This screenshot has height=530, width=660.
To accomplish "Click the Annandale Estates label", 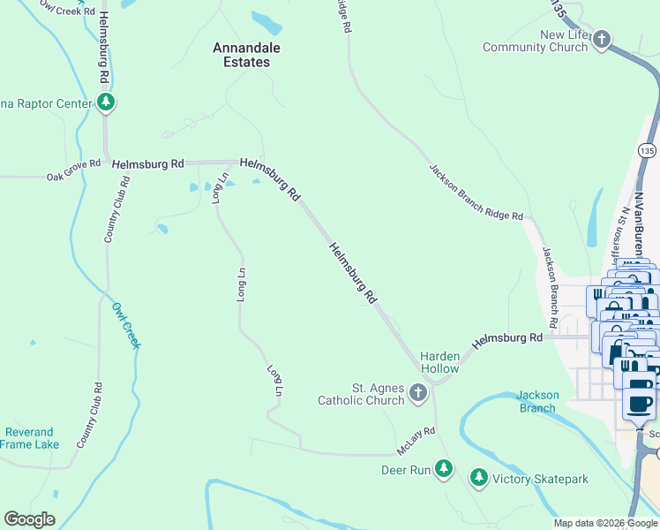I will [x=241, y=55].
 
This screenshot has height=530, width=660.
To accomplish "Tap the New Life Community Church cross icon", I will [x=602, y=40].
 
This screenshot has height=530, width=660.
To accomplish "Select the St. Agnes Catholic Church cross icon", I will [x=418, y=394].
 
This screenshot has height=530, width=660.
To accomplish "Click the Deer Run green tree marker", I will [x=445, y=469].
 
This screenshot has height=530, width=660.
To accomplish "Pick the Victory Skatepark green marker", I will [x=479, y=478].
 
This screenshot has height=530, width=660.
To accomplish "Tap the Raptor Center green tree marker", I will [x=107, y=103].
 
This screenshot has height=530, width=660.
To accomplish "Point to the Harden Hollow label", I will [x=439, y=362].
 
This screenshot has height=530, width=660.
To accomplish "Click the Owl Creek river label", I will [x=126, y=325].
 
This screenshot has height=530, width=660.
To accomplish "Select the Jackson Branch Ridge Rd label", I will [x=476, y=192].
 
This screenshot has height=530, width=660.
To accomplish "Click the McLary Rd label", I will [x=416, y=441].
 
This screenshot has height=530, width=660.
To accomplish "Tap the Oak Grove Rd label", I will [x=74, y=177].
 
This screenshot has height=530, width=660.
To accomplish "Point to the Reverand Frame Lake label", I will [x=30, y=438].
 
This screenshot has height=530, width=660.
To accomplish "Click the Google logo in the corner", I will [x=29, y=519].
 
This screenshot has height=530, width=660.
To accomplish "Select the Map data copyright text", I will [x=605, y=523].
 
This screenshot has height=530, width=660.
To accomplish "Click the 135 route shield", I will [x=648, y=151].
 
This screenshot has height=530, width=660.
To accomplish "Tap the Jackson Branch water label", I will [x=536, y=401].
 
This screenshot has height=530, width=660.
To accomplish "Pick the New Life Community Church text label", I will [x=536, y=42].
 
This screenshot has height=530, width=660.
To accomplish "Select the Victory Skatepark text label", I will [x=540, y=479].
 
